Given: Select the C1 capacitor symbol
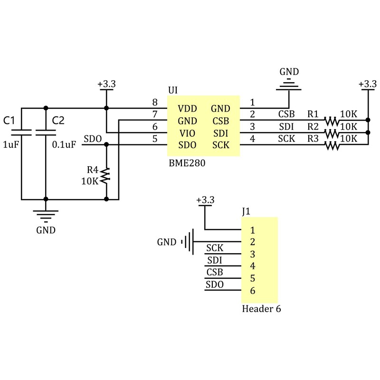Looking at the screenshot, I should [21, 132].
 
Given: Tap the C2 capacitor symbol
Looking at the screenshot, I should [46, 132].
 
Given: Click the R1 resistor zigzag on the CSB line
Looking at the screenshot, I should [332, 121].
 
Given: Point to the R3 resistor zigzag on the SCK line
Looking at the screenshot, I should [332, 145].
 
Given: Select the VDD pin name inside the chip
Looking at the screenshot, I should [187, 108].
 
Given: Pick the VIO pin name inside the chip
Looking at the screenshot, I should [187, 133].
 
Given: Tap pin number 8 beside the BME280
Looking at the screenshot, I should [154, 103].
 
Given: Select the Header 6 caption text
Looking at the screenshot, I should [261, 309].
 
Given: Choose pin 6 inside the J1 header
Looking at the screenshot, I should [253, 291].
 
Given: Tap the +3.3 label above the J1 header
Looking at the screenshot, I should [205, 200].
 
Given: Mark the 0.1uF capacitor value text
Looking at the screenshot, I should [64, 145].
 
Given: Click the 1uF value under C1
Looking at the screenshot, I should [10, 145].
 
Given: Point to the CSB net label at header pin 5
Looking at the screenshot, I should [215, 273].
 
